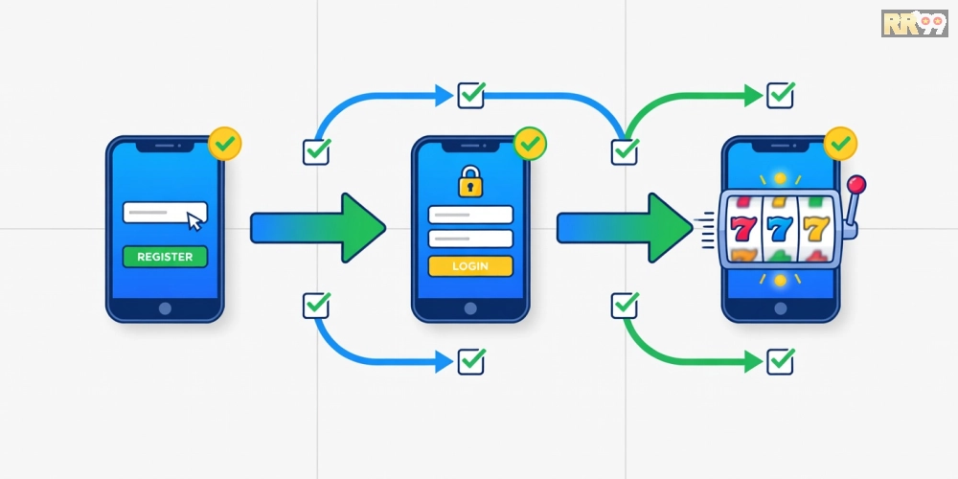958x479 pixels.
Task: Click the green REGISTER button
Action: pos(165,257)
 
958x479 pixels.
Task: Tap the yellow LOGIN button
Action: pos(470,265)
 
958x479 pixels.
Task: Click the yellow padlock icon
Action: pos(470,181)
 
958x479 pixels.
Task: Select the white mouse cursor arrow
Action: pos(194,221)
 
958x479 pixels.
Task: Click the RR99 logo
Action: pos(915,23)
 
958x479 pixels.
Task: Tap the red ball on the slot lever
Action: pos(857,183)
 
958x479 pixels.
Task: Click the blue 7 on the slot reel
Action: pos(780,229)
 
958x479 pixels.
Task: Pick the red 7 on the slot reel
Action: pos(743,229)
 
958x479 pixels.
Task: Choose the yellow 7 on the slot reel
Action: pos(816,229)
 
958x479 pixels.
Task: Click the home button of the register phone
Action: pos(165,308)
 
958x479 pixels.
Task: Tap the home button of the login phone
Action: pos(470,308)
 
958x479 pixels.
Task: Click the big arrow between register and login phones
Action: pos(318,228)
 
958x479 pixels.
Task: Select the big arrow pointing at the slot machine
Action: pos(625,228)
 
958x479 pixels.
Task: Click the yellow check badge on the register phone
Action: pos(225,144)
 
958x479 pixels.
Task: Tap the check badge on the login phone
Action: pos(531,144)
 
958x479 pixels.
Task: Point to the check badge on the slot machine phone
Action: pos(841,144)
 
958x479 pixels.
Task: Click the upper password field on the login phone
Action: pos(470,215)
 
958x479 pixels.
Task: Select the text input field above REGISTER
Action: pos(165,213)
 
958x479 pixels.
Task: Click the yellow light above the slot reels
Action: pos(780,178)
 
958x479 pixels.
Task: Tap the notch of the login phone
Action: pos(470,148)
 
